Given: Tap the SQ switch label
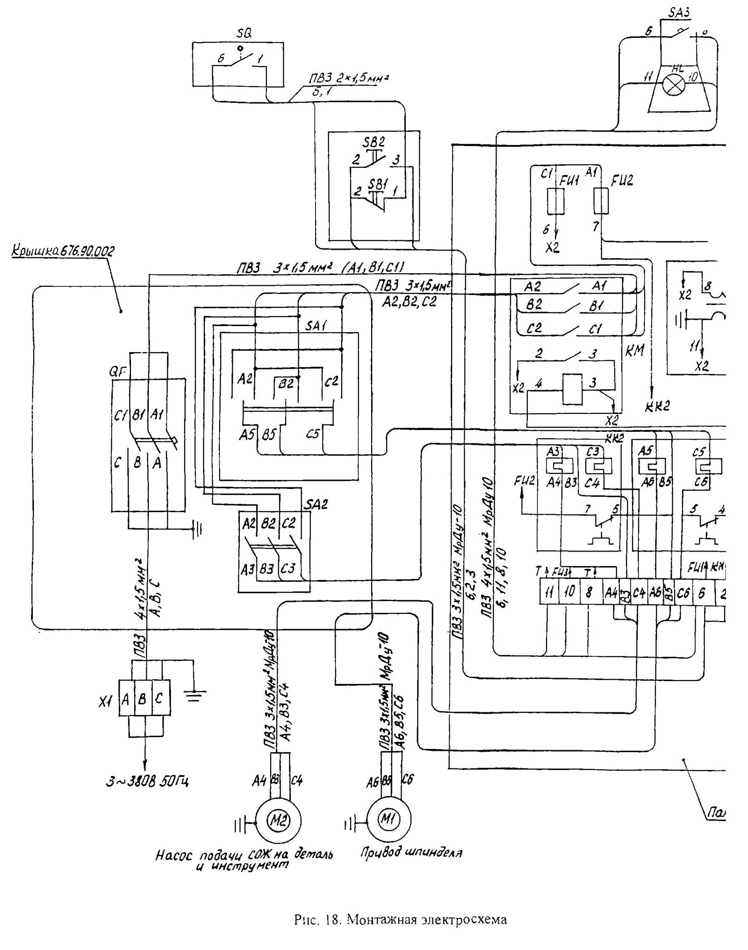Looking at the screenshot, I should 244,34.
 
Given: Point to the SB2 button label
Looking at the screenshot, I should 374,142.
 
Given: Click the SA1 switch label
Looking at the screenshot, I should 316,326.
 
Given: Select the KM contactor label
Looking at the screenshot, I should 634,350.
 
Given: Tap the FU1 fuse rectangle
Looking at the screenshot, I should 556,201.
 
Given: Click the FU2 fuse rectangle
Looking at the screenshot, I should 601,201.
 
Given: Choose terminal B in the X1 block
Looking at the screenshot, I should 143,699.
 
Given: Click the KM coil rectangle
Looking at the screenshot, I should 572,389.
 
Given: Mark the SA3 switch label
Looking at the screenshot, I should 679,13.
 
